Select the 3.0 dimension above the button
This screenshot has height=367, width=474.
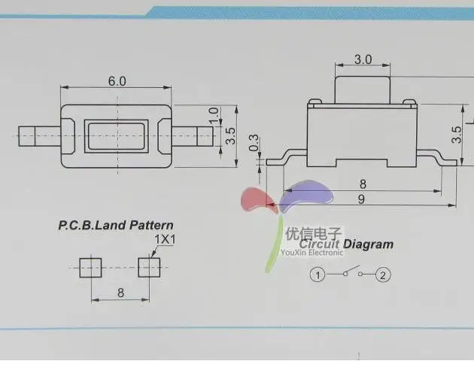coord(363,59)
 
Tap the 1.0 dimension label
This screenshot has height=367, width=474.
coord(214,115)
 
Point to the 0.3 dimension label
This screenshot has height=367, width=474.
coord(254,142)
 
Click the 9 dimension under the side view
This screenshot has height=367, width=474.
coord(361,199)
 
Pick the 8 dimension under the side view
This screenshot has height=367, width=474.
coord(362,183)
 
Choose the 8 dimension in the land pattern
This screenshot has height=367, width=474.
coord(120,293)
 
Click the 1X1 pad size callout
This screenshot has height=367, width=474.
coord(164,239)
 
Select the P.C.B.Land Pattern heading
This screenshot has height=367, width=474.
coord(116,225)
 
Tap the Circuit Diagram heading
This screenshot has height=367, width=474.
coord(346,244)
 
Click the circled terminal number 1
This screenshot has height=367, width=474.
coord(319,275)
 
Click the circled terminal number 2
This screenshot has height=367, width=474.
coord(383,275)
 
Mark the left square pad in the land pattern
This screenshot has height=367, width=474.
coord(90,267)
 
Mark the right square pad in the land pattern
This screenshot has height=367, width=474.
coord(149,267)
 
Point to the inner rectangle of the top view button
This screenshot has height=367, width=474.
coord(117,136)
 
